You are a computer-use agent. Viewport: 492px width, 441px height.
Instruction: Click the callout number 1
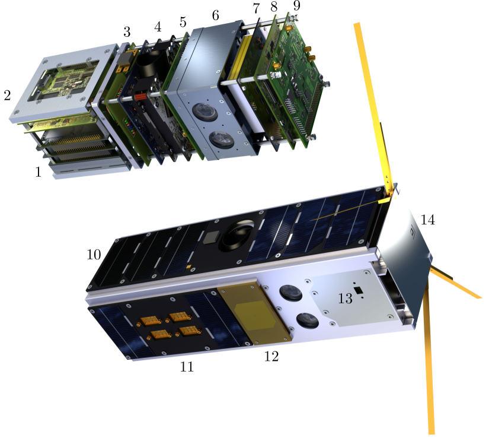pos(39,172)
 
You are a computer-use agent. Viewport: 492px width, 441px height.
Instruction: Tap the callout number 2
pos(7,95)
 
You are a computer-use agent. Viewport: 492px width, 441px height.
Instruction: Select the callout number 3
pos(127,31)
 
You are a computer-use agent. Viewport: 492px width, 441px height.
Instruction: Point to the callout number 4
pos(158,27)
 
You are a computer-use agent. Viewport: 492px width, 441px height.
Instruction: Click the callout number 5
pos(183,23)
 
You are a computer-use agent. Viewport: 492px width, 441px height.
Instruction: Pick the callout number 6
pos(215,15)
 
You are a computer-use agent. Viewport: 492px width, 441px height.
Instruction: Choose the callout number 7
pos(256,8)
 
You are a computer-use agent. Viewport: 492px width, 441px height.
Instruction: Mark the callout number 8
pos(274,7)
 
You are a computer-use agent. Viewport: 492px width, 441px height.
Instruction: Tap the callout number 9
pos(296,6)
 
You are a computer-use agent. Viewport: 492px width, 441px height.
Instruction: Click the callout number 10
pos(94,255)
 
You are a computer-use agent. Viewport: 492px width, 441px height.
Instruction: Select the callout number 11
pos(187,367)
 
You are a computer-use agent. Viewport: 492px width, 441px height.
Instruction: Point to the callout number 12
pos(271,357)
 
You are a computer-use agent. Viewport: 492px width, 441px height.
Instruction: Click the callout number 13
pos(345,299)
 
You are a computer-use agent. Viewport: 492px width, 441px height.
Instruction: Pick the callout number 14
pos(427,220)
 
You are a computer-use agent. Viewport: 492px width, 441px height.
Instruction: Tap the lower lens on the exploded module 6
pos(221,139)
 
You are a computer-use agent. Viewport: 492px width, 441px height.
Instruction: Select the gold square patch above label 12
pos(255,314)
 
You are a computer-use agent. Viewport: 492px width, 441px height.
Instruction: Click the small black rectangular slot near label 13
pos(357,290)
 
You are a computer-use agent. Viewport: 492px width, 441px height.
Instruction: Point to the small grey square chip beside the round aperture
pos(210,237)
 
